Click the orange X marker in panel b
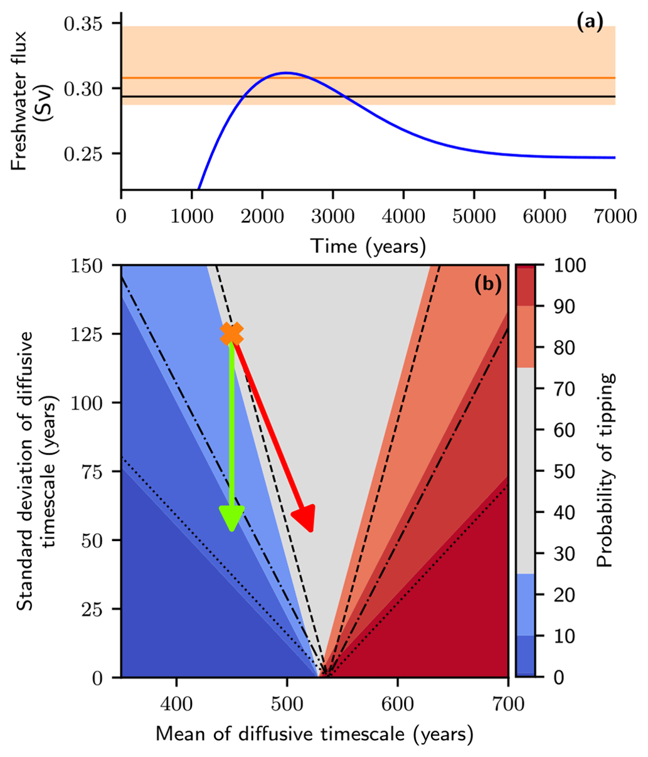[232, 333]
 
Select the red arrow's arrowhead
[305, 519]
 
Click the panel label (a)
[589, 23]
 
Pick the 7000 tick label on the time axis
[614, 217]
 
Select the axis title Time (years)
[368, 245]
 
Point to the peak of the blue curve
[285, 73]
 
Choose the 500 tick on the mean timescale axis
[287, 704]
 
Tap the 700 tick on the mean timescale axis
[507, 704]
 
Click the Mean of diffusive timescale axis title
[314, 733]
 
